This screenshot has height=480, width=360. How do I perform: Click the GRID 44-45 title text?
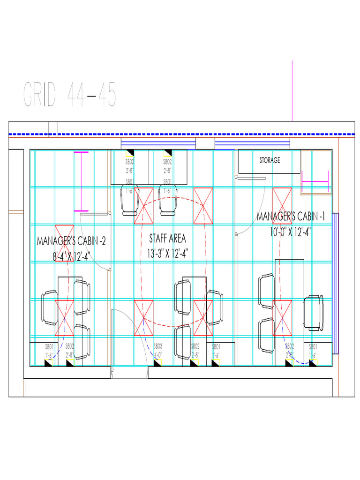click(69, 94)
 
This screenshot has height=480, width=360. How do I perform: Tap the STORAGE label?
click(270, 160)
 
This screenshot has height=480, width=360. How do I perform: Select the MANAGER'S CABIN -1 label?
click(291, 217)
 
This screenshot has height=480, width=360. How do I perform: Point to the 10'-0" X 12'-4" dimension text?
click(291, 231)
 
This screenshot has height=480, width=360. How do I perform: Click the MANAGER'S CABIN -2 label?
click(71, 241)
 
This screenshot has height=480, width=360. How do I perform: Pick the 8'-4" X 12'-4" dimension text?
click(71, 256)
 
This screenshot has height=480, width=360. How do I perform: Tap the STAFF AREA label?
click(167, 238)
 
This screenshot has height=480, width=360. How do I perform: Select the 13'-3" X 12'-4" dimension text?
click(167, 253)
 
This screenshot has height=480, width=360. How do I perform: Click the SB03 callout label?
click(158, 346)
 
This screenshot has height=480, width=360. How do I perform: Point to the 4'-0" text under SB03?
click(158, 355)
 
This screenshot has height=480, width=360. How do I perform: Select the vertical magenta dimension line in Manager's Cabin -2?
click(81, 181)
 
